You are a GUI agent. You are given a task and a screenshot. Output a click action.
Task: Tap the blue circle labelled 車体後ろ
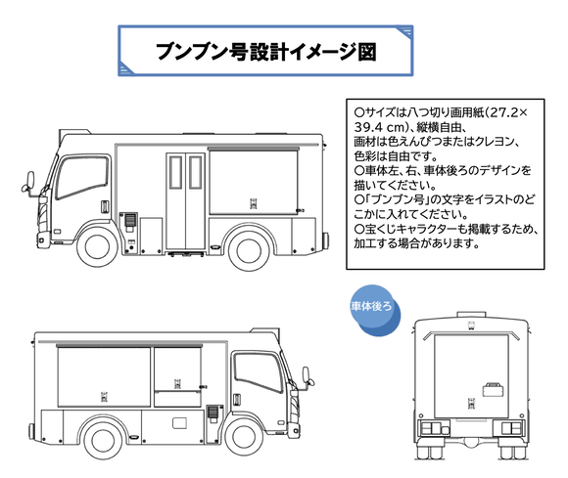pos(373,307)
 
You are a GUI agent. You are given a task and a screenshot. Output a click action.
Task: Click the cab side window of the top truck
pos(75,177)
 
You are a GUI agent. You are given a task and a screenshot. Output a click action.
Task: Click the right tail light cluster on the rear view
pos(512,430)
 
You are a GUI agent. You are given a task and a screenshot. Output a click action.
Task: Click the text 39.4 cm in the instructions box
pos(381,128)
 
